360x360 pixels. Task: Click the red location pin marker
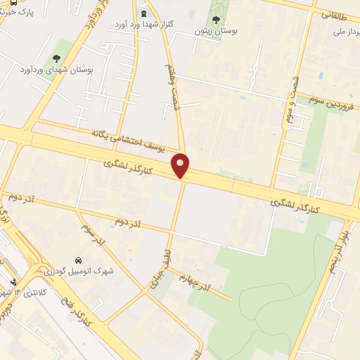(181, 165)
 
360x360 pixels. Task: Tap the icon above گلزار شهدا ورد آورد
(144, 13)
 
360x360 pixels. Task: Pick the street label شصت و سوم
(290, 109)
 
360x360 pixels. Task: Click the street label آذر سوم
(92, 238)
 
